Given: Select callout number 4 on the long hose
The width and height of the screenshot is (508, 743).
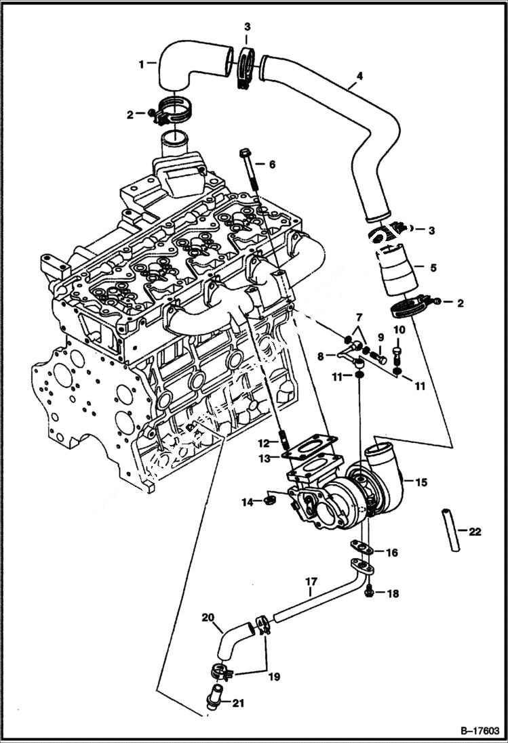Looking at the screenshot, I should point(359,76).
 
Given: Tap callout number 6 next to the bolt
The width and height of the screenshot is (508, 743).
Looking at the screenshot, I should point(271,165).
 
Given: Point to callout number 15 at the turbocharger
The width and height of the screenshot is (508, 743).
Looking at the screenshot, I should point(421,483).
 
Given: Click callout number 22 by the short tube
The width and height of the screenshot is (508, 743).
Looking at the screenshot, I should point(474,532).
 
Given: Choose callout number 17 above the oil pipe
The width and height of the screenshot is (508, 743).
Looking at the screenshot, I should point(311,581).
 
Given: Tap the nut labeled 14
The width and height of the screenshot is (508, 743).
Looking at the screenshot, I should point(269,501).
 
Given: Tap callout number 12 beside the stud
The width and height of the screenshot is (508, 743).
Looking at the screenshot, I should point(264,444).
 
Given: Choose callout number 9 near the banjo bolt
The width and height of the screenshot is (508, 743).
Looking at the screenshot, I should point(380,337).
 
